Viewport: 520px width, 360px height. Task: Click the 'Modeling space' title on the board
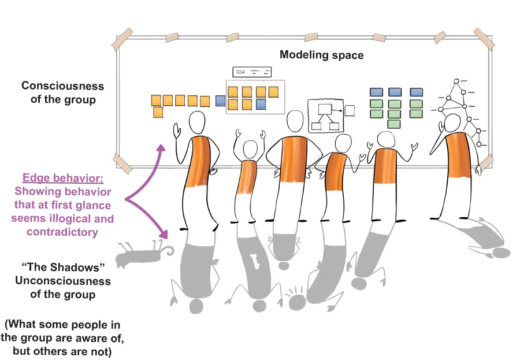321,55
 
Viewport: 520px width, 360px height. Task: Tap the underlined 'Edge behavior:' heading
63,178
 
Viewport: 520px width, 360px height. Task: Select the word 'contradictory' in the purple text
62,232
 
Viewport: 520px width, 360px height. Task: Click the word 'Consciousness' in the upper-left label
62,86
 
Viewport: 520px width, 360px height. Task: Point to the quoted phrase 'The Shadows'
63,267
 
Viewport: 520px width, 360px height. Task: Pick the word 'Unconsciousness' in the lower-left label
63,281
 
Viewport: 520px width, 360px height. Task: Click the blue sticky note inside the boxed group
261,104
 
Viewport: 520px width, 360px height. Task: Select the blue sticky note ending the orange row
220,101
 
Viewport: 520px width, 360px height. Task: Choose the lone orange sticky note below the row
158,112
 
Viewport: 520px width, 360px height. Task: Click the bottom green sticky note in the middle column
393,124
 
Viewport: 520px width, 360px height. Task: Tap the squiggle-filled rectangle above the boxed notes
252,72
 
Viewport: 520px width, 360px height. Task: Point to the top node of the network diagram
456,81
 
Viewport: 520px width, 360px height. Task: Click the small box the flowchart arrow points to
350,111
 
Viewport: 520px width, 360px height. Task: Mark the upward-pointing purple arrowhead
162,148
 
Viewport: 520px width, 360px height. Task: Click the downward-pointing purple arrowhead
164,234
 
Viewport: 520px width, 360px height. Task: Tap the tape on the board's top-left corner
122,38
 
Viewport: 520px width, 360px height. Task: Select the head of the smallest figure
250,150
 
